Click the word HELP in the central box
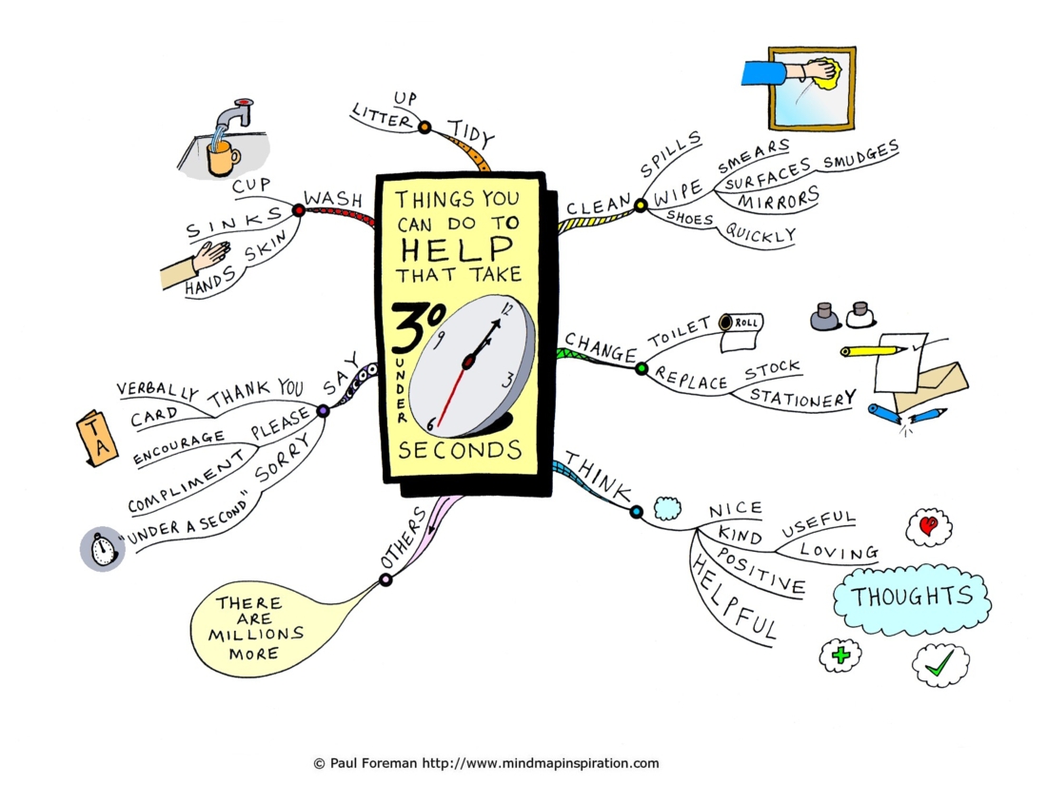[457, 249]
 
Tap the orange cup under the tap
[223, 157]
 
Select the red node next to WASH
[299, 211]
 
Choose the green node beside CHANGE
[642, 368]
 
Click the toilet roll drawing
[741, 332]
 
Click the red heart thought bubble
[929, 527]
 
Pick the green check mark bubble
[940, 664]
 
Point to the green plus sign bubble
[840, 656]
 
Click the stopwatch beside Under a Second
[103, 550]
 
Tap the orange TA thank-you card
[97, 438]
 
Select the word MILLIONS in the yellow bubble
[256, 635]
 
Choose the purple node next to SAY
[323, 411]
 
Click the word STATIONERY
[802, 398]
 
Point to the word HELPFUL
[734, 598]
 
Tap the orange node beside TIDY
[425, 127]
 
